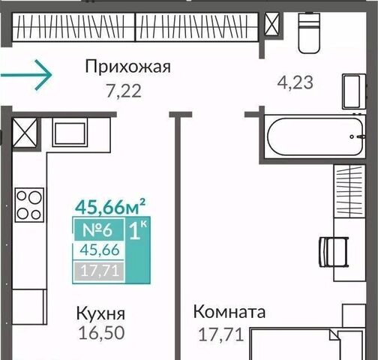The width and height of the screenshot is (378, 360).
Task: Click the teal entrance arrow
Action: coord(26,75)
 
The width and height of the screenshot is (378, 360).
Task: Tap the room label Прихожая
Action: coord(127,67)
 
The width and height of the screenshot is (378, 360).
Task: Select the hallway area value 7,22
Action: coord(124,91)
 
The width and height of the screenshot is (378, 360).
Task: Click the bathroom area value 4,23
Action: coord(295,82)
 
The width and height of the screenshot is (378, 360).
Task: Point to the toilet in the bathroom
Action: coord(309,33)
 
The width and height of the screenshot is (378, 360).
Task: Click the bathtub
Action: coord(315,136)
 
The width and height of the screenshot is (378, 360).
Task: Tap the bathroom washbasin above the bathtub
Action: coord(354,91)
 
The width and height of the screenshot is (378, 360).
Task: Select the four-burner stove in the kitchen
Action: coord(29,205)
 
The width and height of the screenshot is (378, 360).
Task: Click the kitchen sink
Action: coord(70,133)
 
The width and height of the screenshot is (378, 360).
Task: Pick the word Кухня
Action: coord(100,313)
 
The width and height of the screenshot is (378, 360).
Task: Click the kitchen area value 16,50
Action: coord(101,333)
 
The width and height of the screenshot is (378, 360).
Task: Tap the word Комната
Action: coord(229,312)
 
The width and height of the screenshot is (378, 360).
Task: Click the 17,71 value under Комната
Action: coord(221,334)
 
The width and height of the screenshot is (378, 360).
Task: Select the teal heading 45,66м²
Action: coord(110,206)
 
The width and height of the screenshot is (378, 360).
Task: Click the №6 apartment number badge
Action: coord(97,230)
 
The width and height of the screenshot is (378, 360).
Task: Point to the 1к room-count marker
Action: coord(138,230)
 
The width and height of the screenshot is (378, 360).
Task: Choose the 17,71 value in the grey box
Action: coord(99,271)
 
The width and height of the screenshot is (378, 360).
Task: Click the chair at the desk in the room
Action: coord(334,252)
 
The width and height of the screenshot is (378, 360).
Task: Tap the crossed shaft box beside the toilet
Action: coord(271,24)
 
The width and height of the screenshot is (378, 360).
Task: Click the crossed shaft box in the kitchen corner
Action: coord(25,133)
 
